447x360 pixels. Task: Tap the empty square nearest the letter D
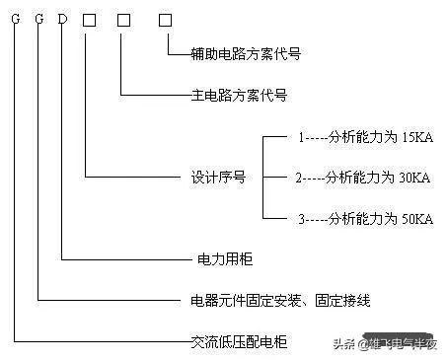point(89,19)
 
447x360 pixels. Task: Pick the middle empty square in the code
point(122,19)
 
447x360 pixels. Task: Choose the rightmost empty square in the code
point(165,19)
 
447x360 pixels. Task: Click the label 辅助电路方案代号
point(245,54)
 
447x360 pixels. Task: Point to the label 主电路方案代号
point(239,96)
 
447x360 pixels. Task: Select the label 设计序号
point(217,179)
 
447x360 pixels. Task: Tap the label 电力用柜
point(218,260)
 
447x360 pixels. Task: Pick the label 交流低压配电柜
point(238,342)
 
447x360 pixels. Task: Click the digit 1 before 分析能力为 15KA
point(302,138)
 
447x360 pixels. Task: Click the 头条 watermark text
point(344,343)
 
